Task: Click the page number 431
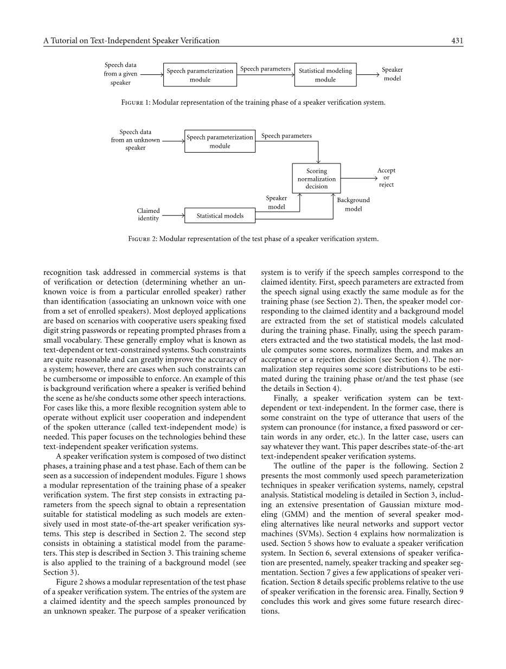(457, 41)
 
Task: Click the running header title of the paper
(131, 41)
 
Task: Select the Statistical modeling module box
(325, 75)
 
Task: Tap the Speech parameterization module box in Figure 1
(200, 75)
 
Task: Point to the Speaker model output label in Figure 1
(392, 74)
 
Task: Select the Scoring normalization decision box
(317, 179)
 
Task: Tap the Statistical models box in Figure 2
(220, 216)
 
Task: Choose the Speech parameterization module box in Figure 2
(220, 142)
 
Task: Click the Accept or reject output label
(386, 178)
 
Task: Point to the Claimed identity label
(148, 214)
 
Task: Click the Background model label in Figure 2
(353, 204)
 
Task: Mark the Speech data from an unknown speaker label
(135, 140)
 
